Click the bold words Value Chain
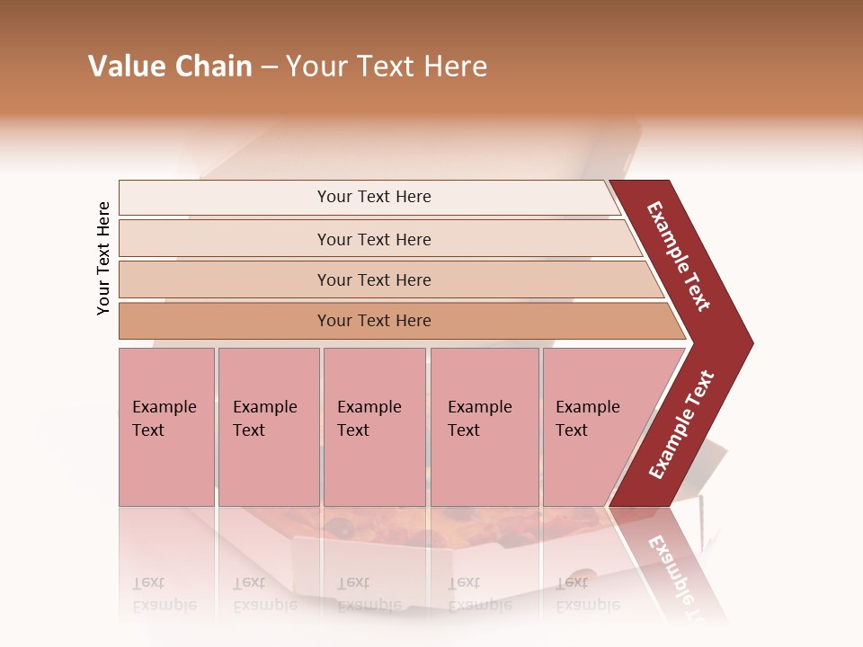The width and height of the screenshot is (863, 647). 170,66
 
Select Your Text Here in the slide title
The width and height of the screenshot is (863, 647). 387,66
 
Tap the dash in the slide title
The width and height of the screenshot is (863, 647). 269,67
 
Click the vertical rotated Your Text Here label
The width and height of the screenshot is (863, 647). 103,258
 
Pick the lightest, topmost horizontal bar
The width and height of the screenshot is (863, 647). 369,197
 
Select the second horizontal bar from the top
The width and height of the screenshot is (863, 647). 373,239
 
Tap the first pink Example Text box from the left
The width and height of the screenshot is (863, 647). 166,427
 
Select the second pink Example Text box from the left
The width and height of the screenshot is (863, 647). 269,427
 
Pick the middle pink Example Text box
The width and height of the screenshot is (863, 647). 374,427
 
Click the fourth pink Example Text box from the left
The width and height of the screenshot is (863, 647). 485,427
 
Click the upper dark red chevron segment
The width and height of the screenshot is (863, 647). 680,256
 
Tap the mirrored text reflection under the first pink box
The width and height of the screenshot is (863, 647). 164,594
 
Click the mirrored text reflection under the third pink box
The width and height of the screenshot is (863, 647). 369,594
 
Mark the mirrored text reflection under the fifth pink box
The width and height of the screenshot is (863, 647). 587,594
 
